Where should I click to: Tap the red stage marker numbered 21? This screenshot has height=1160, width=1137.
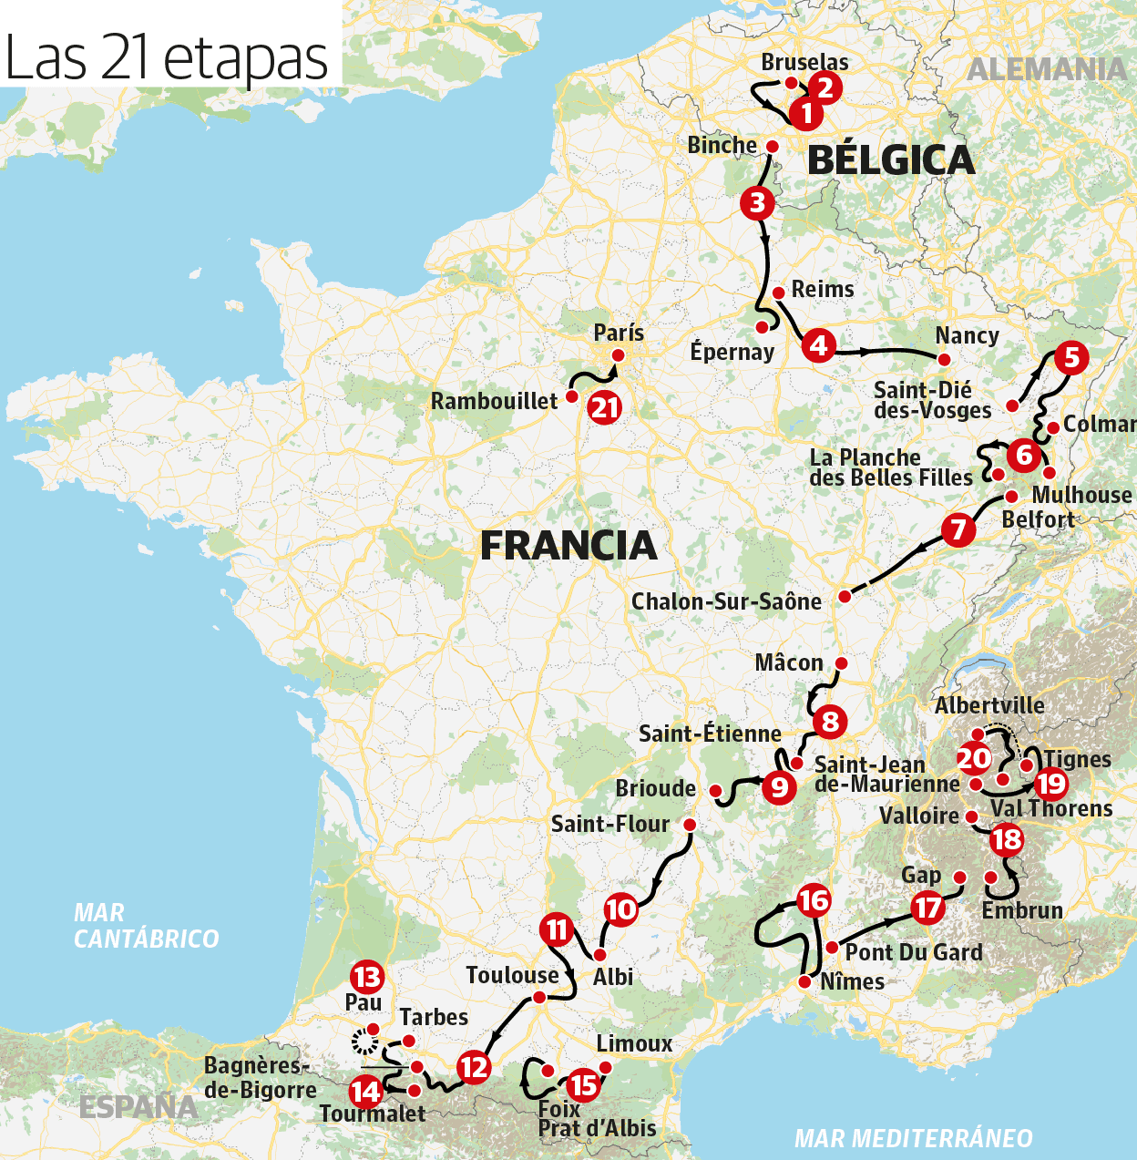pyautogui.click(x=605, y=407)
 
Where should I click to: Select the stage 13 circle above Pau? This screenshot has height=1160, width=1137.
pyautogui.click(x=367, y=978)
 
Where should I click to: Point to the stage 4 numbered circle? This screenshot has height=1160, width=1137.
pyautogui.click(x=819, y=345)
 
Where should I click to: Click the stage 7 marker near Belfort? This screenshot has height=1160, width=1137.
pyautogui.click(x=958, y=529)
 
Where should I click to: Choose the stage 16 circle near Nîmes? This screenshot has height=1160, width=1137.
pyautogui.click(x=814, y=901)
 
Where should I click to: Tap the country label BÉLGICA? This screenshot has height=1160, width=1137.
pyautogui.click(x=890, y=160)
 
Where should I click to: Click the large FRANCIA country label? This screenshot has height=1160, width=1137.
pyautogui.click(x=568, y=546)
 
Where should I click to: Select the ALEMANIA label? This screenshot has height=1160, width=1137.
pyautogui.click(x=1047, y=69)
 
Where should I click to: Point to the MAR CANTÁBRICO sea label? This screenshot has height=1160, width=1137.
pyautogui.click(x=146, y=926)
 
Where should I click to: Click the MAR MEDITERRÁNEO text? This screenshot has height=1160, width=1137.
pyautogui.click(x=914, y=1138)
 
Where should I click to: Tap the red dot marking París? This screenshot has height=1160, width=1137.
pyautogui.click(x=618, y=355)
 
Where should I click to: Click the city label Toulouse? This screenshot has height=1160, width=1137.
pyautogui.click(x=512, y=976)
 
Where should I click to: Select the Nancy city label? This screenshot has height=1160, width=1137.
pyautogui.click(x=967, y=335)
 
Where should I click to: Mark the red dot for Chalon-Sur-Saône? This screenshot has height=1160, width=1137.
pyautogui.click(x=845, y=596)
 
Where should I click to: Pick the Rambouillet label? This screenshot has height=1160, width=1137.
pyautogui.click(x=494, y=401)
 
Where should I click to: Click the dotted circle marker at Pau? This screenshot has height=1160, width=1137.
pyautogui.click(x=365, y=1042)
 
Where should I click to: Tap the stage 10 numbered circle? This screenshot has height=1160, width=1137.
pyautogui.click(x=620, y=909)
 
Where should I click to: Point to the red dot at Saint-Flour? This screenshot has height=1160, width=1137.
pyautogui.click(x=689, y=825)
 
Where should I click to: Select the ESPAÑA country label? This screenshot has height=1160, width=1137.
pyautogui.click(x=138, y=1106)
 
